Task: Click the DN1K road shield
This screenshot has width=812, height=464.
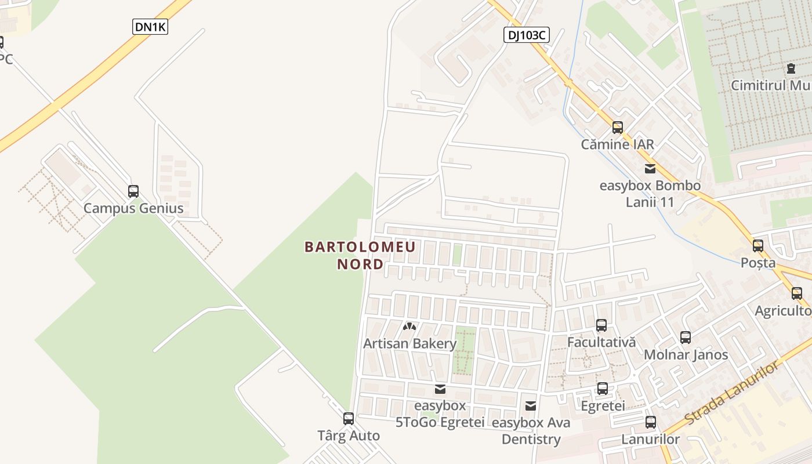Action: (150, 27)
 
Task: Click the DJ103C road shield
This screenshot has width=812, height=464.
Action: (525, 35)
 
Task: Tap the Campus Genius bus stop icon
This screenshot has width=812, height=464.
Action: (133, 191)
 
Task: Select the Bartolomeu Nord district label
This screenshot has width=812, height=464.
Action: (360, 256)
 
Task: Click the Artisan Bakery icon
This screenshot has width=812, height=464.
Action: (410, 327)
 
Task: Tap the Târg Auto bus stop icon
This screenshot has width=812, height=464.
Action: (349, 418)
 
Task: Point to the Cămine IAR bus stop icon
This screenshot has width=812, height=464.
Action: (618, 127)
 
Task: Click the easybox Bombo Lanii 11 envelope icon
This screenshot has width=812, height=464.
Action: (650, 169)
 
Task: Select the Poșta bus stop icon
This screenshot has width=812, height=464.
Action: (758, 245)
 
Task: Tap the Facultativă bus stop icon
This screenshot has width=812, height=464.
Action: (601, 325)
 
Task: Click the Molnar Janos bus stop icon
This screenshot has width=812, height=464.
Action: (686, 337)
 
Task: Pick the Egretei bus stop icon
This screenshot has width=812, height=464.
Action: (603, 388)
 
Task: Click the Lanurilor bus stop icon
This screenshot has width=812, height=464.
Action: (651, 422)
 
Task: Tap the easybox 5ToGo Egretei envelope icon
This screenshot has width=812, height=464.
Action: (440, 389)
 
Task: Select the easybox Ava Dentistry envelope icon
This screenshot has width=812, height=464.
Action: (531, 405)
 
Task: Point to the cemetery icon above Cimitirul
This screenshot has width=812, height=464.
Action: (791, 68)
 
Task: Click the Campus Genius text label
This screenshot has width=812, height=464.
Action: (133, 209)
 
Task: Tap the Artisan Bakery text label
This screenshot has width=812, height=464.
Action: (410, 344)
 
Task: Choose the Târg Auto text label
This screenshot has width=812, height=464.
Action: (349, 436)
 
